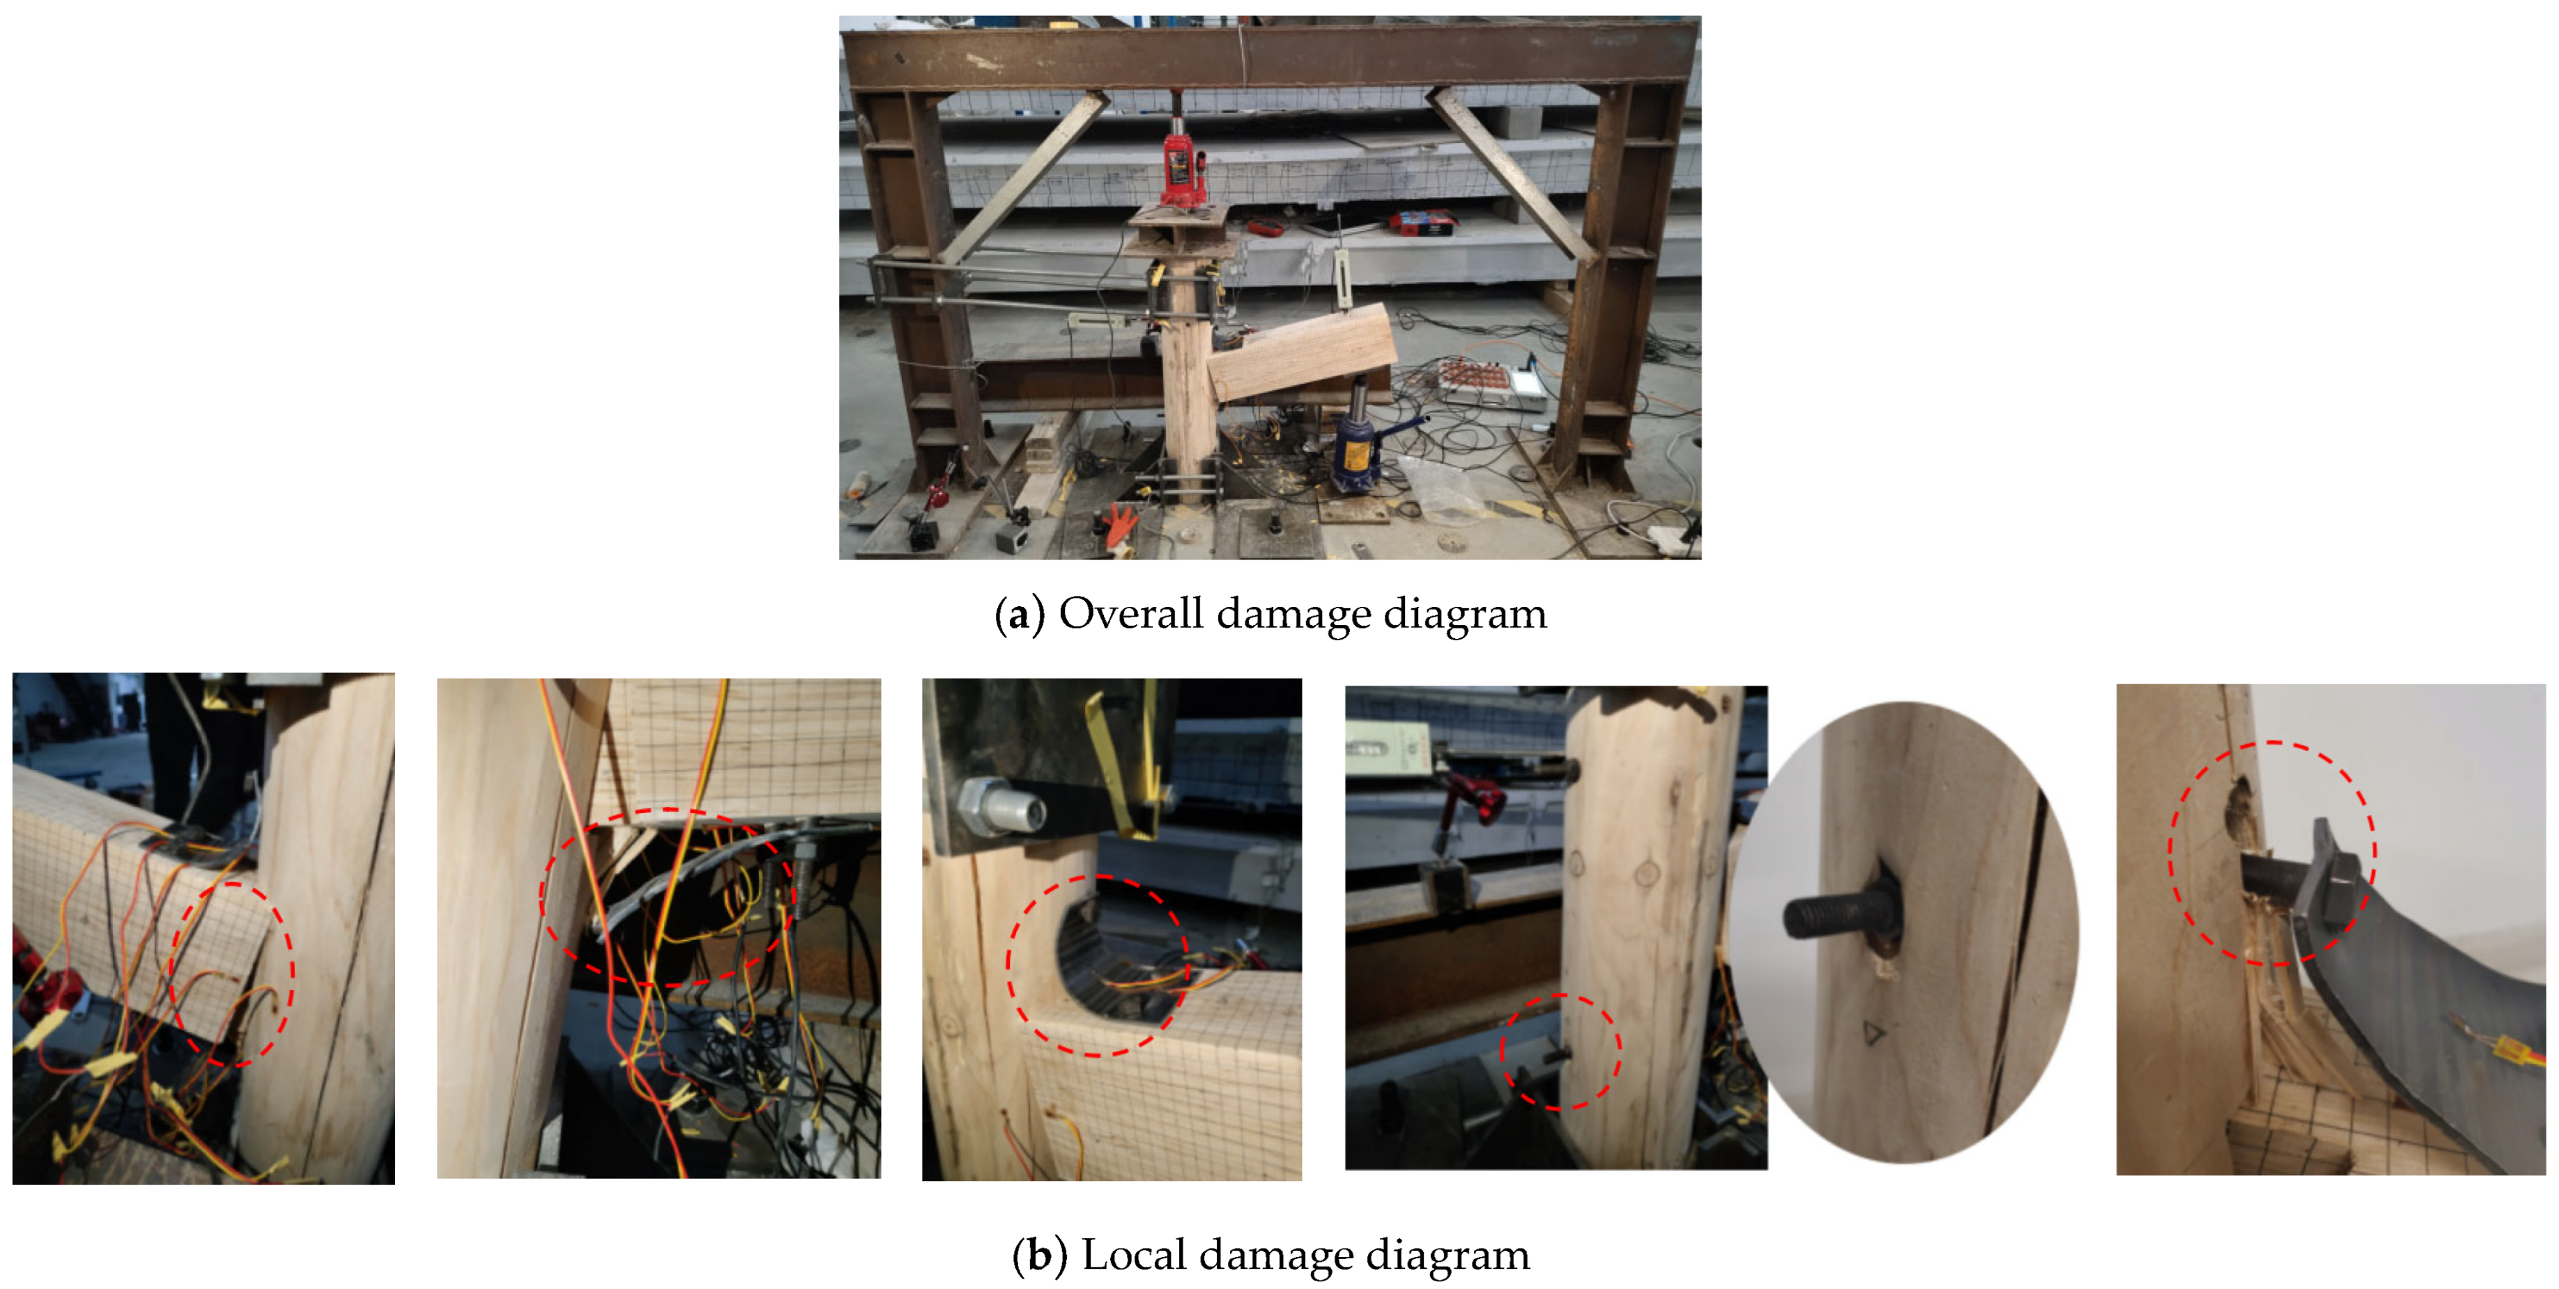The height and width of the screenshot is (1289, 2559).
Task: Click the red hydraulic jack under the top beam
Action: coord(1183,164)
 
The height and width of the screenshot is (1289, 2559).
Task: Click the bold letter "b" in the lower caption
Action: coord(1040,1256)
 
